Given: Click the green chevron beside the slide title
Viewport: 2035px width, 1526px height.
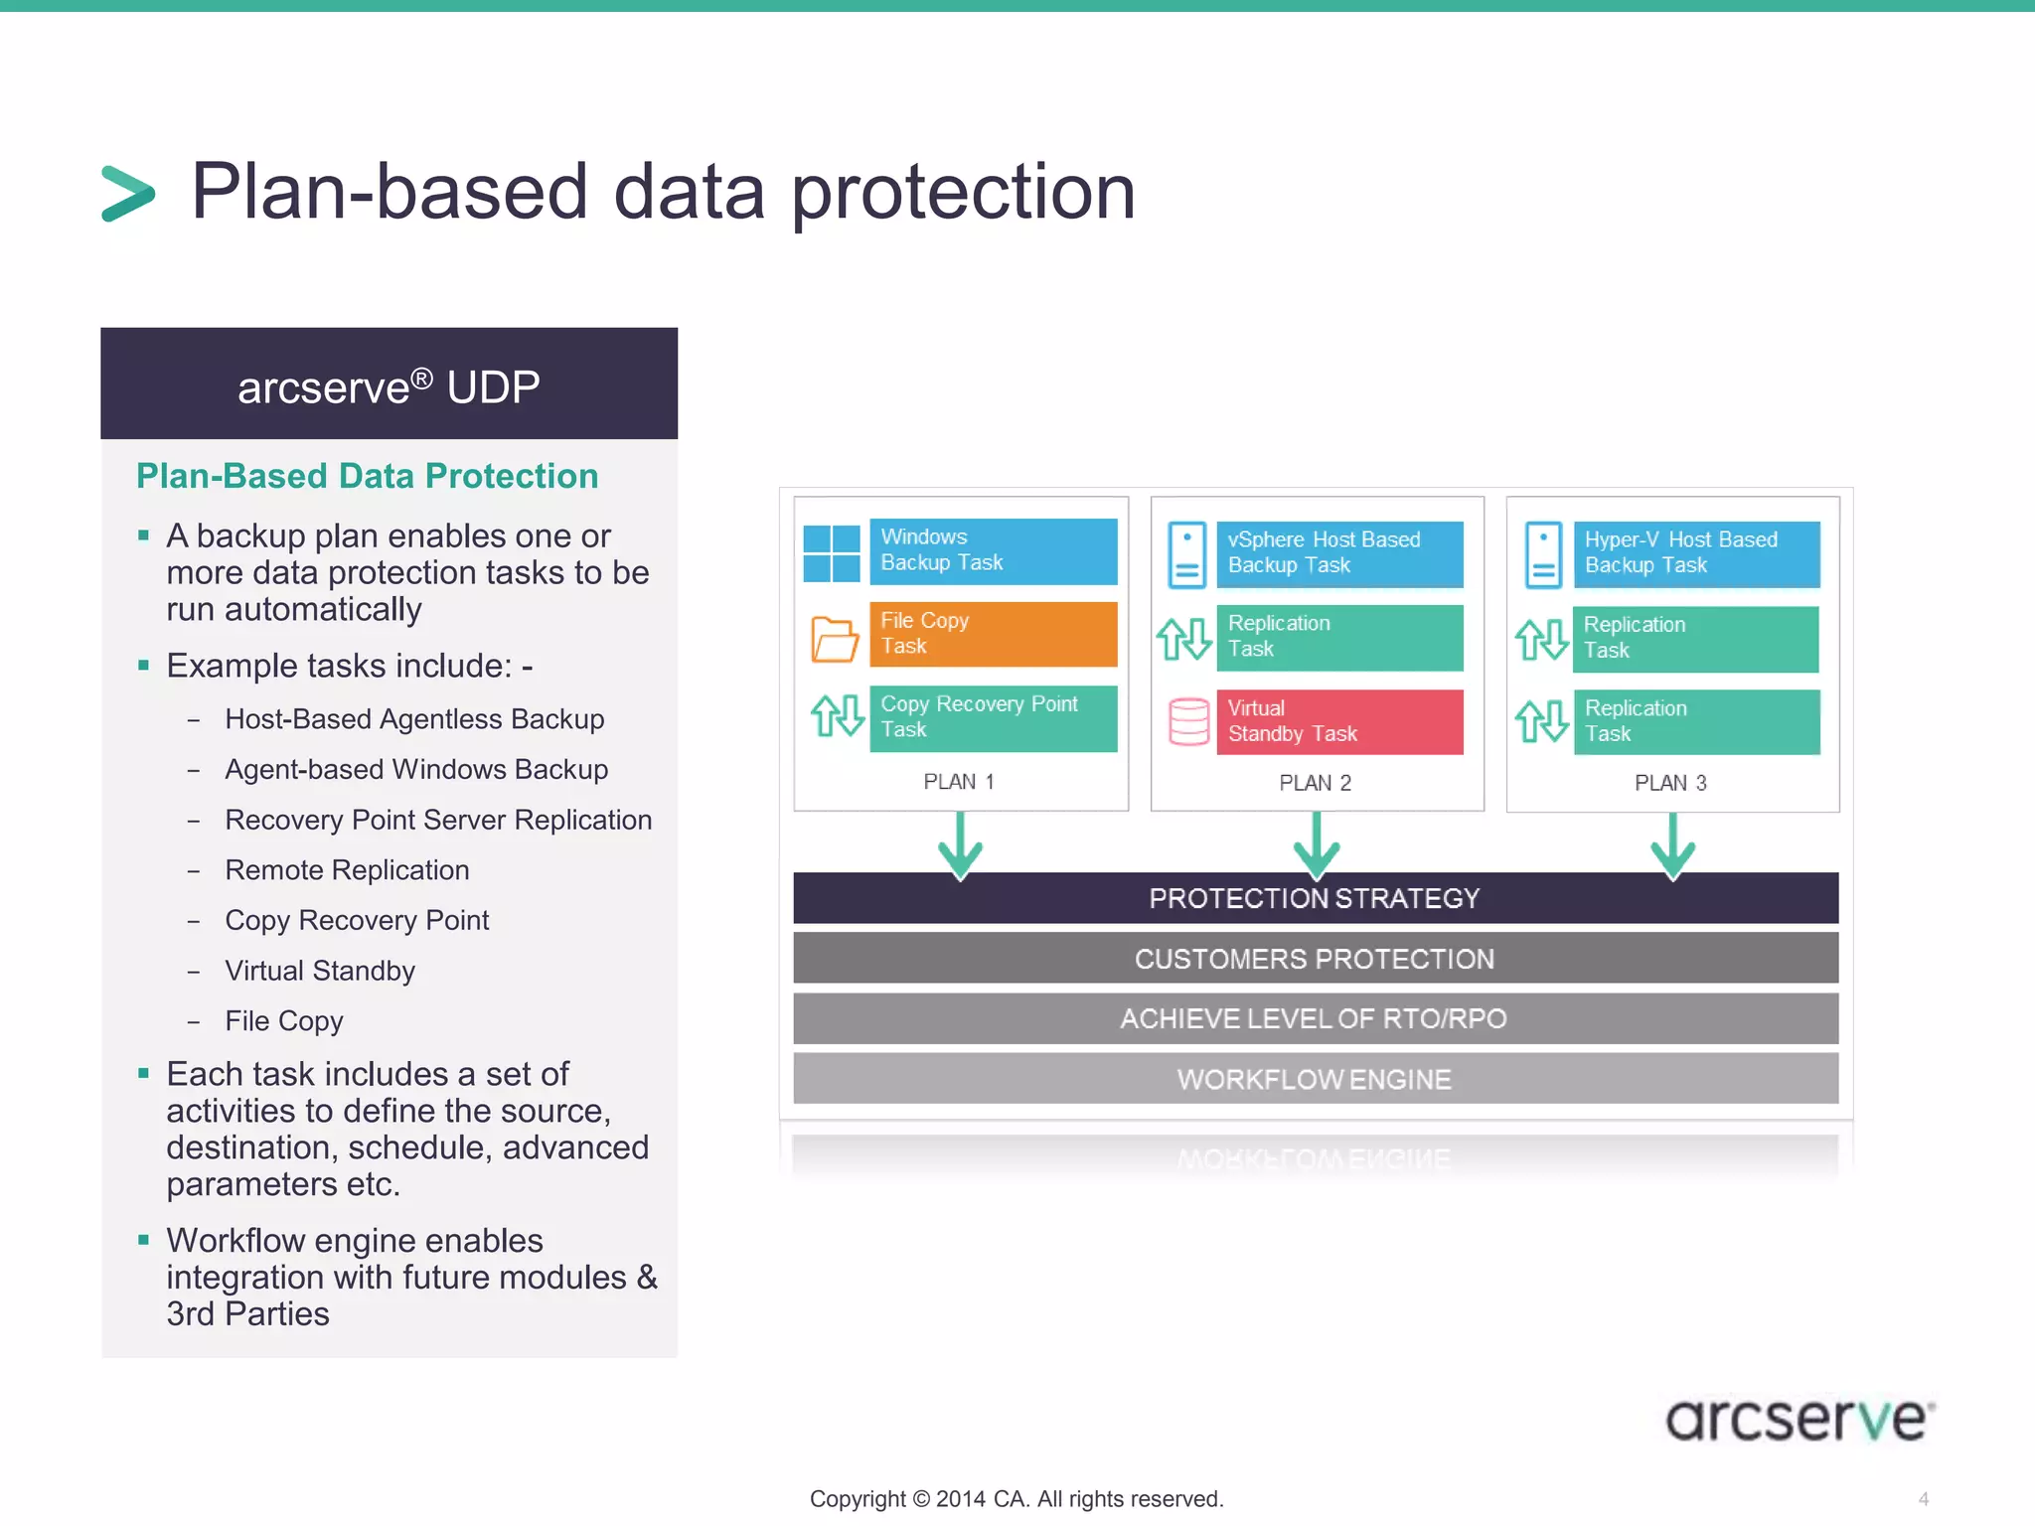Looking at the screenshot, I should pos(128,193).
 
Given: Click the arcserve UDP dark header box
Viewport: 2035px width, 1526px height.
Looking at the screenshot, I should pos(389,383).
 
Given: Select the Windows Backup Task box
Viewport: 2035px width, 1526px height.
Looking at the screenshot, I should pos(992,550).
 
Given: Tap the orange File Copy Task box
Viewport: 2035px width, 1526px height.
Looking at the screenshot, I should pos(992,634).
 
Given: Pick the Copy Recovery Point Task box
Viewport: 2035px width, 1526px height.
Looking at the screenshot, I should pos(992,717).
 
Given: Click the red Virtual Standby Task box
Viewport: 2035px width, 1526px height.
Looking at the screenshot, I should pos(1338,721).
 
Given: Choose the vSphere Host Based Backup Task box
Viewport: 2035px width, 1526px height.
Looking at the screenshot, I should pos(1338,553).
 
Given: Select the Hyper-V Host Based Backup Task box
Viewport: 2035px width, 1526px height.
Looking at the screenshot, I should pos(1695,553).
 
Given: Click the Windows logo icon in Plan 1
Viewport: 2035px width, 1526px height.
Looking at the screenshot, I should pos(832,553).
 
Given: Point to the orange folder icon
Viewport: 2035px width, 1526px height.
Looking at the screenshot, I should pos(834,639).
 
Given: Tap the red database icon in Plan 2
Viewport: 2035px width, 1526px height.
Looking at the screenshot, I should pos(1188,721).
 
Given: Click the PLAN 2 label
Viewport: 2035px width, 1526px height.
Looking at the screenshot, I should pos(1315,783).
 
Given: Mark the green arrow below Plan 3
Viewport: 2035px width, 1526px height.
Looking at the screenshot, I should pos(1672,847).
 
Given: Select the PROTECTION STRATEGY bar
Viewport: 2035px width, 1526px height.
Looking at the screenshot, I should pos(1315,898).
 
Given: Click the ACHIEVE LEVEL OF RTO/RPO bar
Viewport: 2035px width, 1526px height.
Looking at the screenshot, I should pos(1315,1018).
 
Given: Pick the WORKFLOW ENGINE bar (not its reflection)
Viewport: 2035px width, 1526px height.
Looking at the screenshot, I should pos(1315,1079).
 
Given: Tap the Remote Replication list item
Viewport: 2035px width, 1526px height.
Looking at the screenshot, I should pos(347,870).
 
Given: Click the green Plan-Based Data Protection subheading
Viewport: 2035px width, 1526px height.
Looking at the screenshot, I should pos(367,476).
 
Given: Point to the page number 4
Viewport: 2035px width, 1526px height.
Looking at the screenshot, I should pos(1923,1499).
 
